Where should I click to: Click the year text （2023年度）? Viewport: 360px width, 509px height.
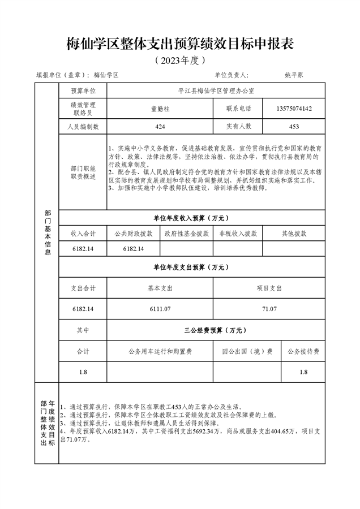179,59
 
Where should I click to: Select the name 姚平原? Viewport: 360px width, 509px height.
294,75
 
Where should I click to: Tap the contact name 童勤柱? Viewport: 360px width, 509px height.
160,109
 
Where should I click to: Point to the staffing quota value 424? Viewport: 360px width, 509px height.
160,127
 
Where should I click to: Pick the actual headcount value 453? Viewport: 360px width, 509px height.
294,127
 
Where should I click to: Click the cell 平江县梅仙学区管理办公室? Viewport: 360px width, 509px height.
216,90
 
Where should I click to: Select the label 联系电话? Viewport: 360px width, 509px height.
238,109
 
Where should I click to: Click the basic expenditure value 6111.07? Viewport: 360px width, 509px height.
160,309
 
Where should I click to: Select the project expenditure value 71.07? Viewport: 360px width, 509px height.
269,309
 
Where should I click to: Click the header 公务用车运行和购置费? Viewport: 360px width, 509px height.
160,351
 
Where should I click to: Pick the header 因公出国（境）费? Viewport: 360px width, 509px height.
247,351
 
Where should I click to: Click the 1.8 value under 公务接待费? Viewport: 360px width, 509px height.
303,372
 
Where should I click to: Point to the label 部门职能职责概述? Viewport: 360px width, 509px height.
83,172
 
